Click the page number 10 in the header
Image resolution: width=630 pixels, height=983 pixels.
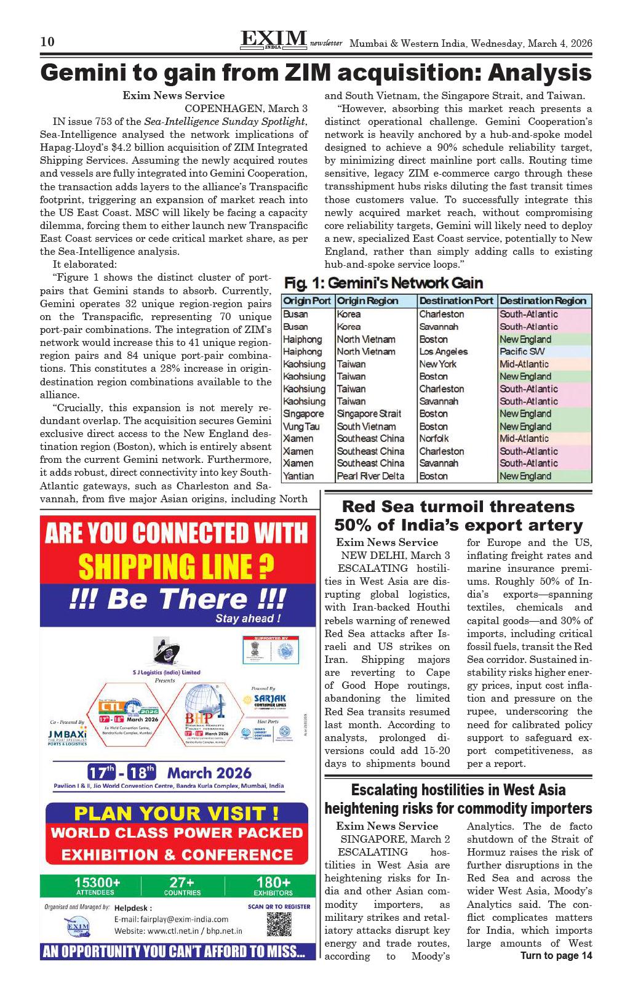click(47, 42)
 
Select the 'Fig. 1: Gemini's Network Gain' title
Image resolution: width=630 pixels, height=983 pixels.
click(383, 283)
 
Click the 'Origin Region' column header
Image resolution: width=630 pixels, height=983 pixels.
click(368, 301)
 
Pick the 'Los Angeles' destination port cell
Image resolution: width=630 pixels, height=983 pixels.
click(443, 351)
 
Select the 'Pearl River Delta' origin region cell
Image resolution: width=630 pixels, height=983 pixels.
click(370, 476)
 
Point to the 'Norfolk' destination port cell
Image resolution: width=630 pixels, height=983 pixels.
click(436, 438)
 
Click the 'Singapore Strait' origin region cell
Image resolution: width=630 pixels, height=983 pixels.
click(369, 414)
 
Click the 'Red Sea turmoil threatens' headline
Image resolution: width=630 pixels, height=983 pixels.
click(458, 507)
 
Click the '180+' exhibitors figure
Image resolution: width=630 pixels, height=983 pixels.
click(273, 883)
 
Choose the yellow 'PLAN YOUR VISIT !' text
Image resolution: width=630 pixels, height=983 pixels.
click(176, 813)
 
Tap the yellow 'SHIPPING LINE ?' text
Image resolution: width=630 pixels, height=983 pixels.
click(176, 566)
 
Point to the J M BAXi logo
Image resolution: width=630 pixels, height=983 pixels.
click(67, 737)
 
